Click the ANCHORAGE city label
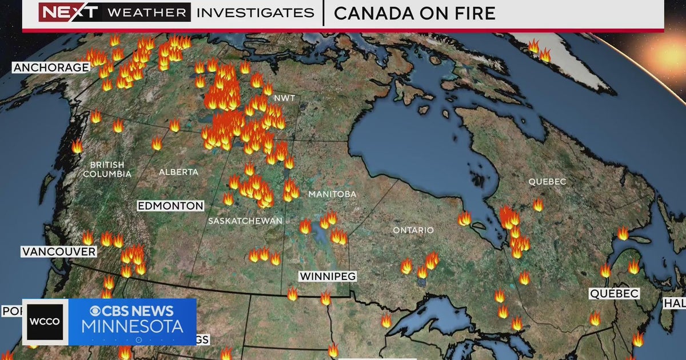(x=51, y=67)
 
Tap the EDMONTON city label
(x=170, y=206)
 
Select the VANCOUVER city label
(x=58, y=251)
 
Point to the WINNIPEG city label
(x=328, y=277)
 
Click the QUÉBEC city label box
(x=614, y=294)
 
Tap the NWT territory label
(x=285, y=98)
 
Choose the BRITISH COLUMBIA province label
(x=107, y=169)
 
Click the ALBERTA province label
(x=178, y=171)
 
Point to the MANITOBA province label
(x=332, y=194)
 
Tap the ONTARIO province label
(x=413, y=230)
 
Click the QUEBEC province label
(x=547, y=182)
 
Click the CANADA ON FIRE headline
(x=414, y=13)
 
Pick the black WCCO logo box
(x=46, y=322)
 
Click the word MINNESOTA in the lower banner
(x=133, y=327)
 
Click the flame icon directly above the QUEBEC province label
(x=538, y=205)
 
